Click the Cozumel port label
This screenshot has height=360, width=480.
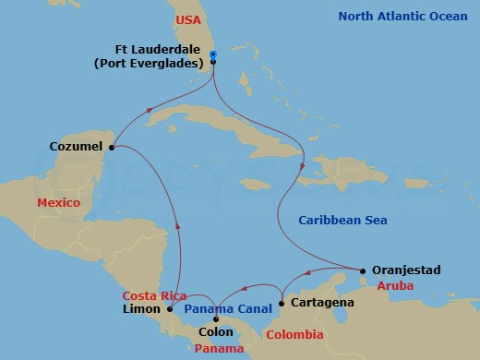point(77,146)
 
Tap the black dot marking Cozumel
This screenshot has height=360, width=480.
point(112,147)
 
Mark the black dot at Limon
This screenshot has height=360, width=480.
point(170,310)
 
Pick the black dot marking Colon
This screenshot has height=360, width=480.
point(216,319)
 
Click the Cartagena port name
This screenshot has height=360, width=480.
point(320,303)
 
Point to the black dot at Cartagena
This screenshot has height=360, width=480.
point(281,303)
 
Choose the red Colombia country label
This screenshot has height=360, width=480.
point(295,334)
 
